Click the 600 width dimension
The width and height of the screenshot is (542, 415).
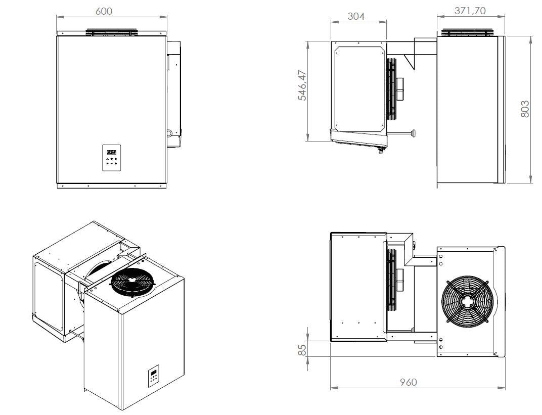[104, 11]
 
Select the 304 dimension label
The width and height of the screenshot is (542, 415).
[356, 16]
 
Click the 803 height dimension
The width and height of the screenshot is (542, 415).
[525, 109]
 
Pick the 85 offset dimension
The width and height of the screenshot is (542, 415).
[301, 349]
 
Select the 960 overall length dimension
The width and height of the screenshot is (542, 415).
[408, 382]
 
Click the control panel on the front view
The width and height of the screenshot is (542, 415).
[111, 158]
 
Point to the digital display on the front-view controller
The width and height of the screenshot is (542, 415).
[111, 151]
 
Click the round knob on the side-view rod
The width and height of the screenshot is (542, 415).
[414, 133]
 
